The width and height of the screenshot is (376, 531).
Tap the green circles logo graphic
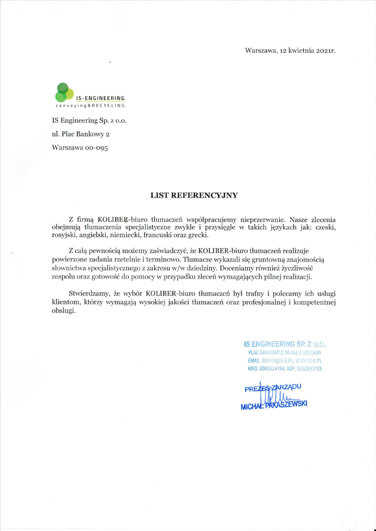[64, 92]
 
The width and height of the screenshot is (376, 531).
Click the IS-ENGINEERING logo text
[100, 99]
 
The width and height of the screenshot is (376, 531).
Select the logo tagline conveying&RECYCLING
[90, 106]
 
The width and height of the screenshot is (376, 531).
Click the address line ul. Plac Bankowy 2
[81, 134]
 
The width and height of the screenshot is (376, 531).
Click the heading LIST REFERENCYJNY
[194, 195]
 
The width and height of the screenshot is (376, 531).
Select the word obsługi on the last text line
[64, 311]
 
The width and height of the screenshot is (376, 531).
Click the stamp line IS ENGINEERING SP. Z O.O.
[285, 344]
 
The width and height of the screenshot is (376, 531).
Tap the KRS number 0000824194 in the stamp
[272, 369]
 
